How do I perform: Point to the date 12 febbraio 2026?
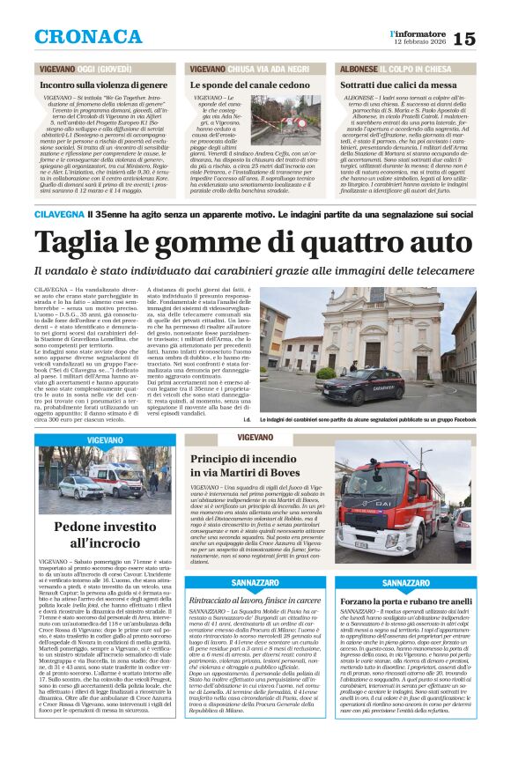(418, 42)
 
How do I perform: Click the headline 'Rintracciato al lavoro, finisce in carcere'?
(256, 600)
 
